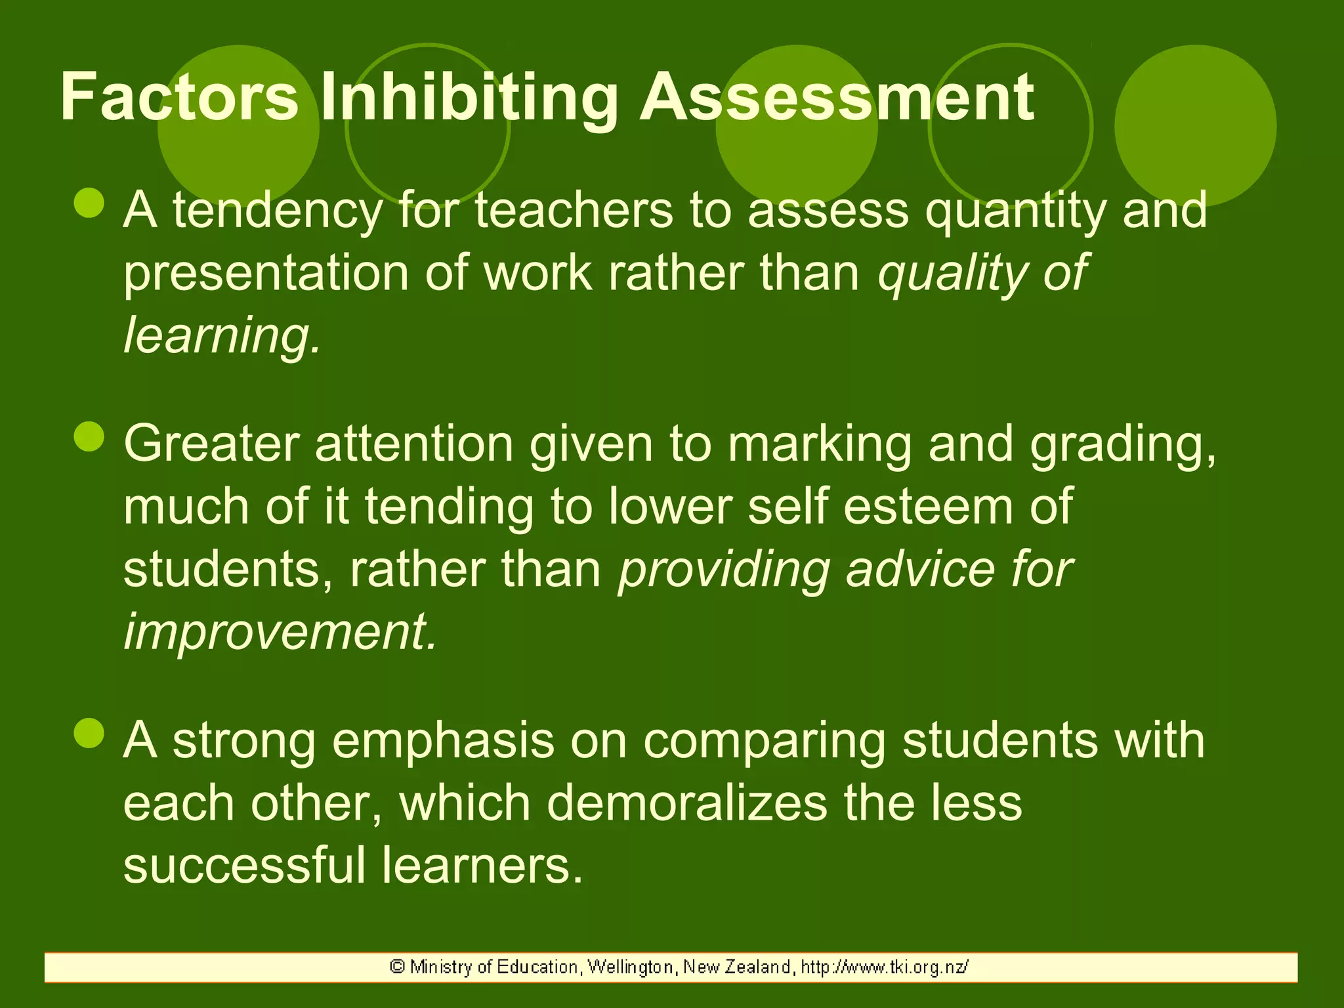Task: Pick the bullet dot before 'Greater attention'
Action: click(89, 436)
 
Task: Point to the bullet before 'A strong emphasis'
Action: click(89, 733)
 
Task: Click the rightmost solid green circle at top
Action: click(1195, 126)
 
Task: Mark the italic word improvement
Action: click(280, 631)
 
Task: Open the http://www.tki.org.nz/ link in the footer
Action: click(884, 967)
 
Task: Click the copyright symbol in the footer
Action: click(397, 967)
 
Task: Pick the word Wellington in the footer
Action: click(630, 967)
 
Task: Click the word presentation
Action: click(266, 273)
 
